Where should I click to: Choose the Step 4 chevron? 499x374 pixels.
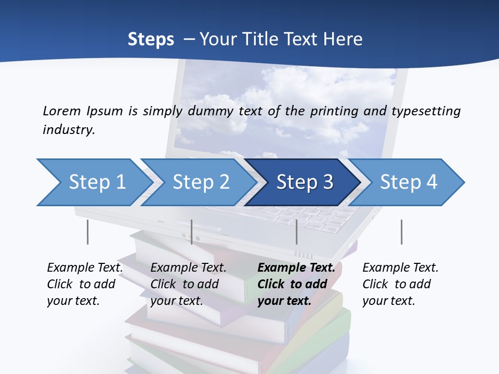pos(409,182)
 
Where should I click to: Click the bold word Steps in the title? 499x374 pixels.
pos(151,39)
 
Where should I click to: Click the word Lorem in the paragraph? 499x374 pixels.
pos(62,111)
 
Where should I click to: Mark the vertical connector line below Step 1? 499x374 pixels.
pos(87,232)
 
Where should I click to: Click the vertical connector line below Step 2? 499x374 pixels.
pos(192,232)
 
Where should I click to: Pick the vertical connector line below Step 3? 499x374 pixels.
pos(296,232)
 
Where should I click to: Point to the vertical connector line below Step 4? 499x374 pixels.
pos(401,232)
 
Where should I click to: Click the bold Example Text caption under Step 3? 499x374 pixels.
pos(296,284)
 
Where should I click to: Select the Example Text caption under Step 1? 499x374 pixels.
pos(85,284)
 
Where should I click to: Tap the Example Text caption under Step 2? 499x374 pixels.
pos(188,284)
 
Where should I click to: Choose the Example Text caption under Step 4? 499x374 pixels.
pos(400,284)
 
